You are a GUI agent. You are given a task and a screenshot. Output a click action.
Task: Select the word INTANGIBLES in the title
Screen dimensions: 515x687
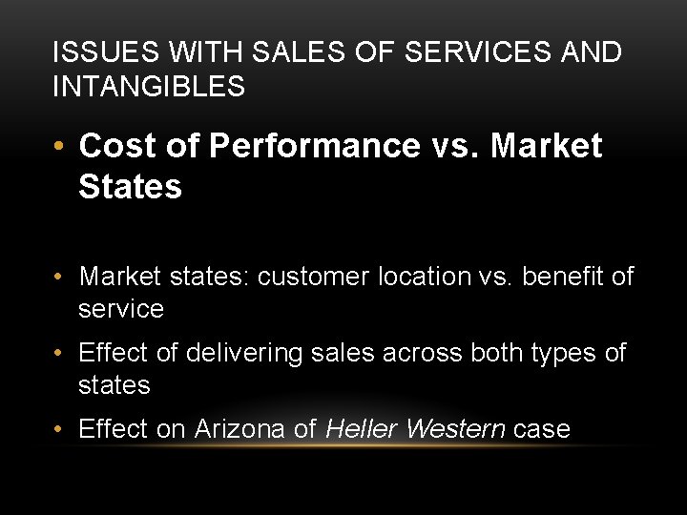click(x=149, y=87)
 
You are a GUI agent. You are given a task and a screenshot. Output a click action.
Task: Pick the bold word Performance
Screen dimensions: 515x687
click(x=311, y=146)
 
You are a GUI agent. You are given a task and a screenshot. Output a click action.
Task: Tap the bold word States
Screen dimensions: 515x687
click(x=130, y=187)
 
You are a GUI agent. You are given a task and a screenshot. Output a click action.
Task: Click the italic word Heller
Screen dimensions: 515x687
click(x=362, y=429)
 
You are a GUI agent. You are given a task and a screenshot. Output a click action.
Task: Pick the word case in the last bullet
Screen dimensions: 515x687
click(x=542, y=429)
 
